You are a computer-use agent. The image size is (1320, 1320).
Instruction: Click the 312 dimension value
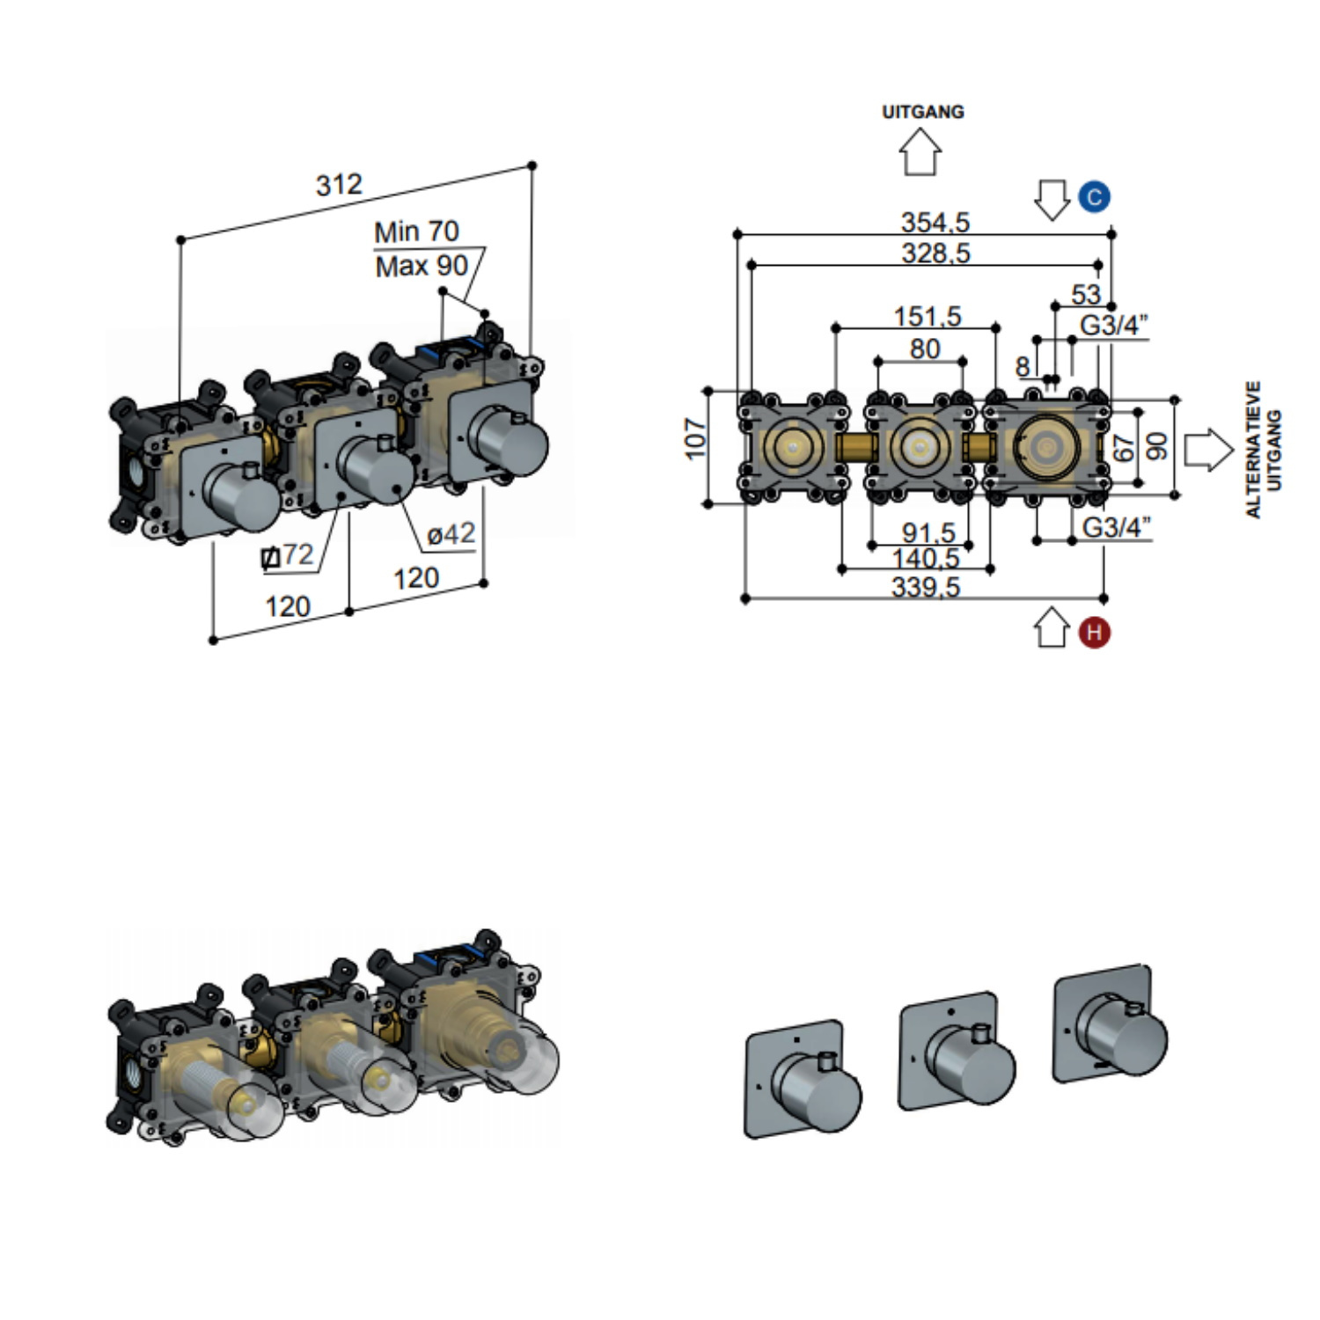339,185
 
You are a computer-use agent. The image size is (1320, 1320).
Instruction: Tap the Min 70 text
416,231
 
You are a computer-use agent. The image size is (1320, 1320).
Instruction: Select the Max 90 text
422,266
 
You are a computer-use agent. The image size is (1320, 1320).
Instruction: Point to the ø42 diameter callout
451,533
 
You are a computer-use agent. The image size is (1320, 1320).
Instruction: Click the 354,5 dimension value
935,222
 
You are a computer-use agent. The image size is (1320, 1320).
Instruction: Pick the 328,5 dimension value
935,253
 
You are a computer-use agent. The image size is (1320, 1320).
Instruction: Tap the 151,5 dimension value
928,316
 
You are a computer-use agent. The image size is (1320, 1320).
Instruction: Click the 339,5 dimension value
926,587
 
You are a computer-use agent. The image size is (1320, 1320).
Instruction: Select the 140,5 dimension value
926,559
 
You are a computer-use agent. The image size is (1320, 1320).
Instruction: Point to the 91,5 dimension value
928,532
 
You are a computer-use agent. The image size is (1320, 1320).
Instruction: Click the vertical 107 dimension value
695,438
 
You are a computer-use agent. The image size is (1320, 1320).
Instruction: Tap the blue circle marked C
1094,196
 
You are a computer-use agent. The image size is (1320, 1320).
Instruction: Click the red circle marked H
1094,632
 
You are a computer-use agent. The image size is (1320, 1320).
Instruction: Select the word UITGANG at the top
923,112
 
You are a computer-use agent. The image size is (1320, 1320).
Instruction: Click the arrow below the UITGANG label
920,151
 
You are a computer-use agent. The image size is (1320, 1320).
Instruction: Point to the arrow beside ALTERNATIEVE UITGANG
1208,450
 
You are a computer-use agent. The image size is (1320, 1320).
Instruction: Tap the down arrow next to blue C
1052,199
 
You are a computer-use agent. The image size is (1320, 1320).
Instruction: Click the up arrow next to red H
1052,628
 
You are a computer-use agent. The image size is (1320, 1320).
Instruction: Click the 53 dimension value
1086,294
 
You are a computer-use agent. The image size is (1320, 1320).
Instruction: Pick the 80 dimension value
925,348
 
